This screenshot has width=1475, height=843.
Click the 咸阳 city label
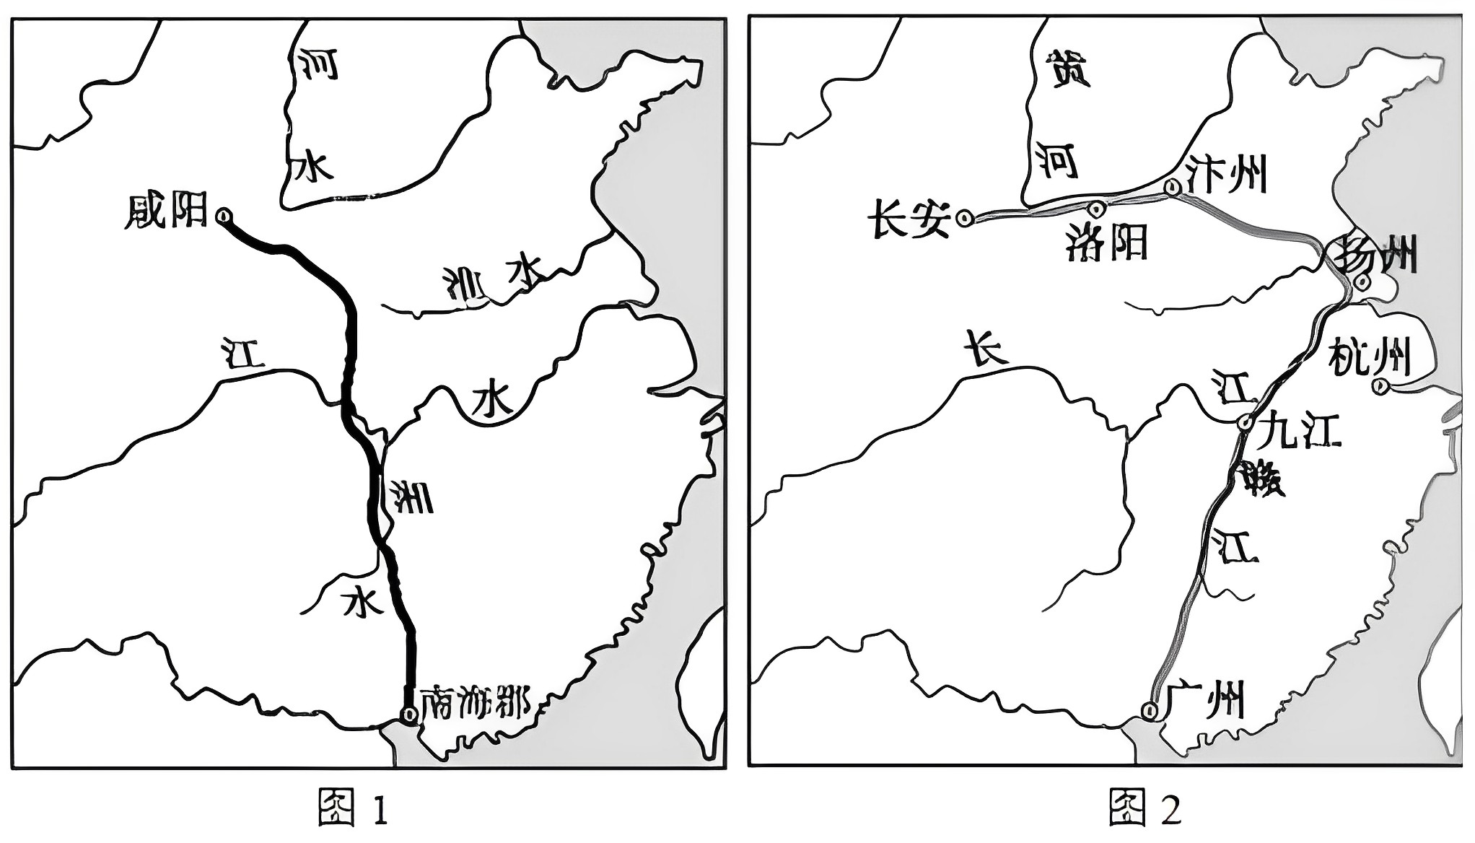[166, 211]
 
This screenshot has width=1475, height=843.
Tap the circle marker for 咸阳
[224, 215]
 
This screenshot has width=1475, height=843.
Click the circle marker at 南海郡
[409, 715]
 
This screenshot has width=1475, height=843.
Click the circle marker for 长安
[965, 217]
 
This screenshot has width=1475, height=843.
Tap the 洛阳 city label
[1106, 243]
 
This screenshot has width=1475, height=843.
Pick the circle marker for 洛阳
[1097, 209]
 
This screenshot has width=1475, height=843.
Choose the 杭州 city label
[1369, 357]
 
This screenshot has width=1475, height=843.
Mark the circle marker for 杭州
[1380, 387]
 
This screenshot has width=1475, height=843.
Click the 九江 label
[1299, 431]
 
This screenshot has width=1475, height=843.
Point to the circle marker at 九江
[1245, 423]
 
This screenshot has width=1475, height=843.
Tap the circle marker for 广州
[1150, 711]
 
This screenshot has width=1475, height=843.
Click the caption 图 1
[354, 808]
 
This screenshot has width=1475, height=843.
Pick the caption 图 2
[1145, 808]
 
